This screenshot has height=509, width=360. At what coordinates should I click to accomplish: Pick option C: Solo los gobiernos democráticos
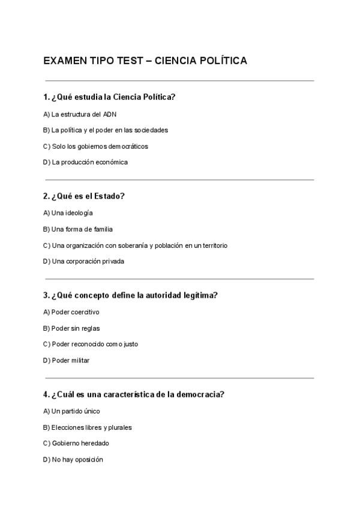(x=96, y=146)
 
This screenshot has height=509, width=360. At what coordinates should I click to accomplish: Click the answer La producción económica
(x=86, y=162)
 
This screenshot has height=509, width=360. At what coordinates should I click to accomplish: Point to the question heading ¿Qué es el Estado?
(x=84, y=196)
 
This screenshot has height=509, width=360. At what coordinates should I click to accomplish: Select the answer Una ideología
(x=68, y=213)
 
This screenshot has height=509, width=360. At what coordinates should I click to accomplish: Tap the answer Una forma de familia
(x=78, y=229)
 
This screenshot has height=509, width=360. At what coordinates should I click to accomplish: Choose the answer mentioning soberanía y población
(x=136, y=245)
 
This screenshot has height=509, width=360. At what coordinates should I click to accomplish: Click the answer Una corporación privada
(x=84, y=261)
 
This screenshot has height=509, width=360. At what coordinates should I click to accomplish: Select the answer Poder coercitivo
(x=71, y=312)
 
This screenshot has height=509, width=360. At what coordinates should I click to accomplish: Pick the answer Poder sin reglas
(x=71, y=328)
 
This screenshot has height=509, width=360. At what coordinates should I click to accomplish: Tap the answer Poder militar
(x=67, y=361)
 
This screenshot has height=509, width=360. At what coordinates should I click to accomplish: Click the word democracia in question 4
(x=202, y=394)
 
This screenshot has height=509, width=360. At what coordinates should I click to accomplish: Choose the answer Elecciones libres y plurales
(x=88, y=427)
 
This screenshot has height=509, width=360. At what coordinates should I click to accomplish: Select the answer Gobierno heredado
(x=76, y=443)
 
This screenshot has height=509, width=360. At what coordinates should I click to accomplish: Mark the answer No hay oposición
(x=73, y=459)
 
